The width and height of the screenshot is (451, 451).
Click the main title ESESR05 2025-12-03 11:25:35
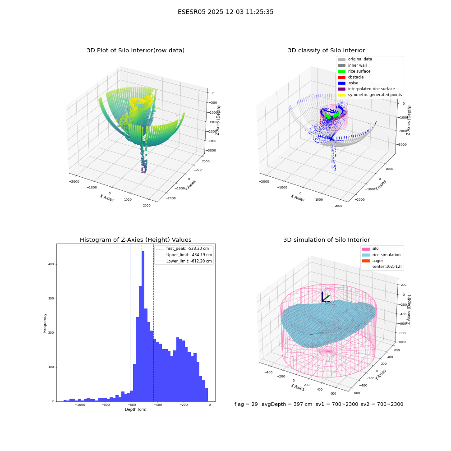(225, 12)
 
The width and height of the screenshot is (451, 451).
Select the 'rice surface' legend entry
(354, 71)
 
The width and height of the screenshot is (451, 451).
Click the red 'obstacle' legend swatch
(341, 77)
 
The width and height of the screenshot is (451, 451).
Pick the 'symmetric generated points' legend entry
(370, 95)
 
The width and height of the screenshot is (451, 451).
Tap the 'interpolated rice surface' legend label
(371, 89)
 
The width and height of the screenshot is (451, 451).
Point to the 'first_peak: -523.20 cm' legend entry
(182, 249)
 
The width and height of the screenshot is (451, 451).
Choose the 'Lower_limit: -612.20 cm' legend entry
(184, 261)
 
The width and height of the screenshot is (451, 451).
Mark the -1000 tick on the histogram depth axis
(80, 405)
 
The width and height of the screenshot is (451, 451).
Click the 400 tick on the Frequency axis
(51, 264)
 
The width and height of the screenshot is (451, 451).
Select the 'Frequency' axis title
(45, 323)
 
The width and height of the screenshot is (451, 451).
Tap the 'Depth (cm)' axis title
(135, 410)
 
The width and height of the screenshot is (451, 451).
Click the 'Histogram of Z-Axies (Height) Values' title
(135, 239)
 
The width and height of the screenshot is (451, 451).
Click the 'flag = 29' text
(246, 404)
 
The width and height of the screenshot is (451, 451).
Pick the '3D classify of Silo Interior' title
(327, 51)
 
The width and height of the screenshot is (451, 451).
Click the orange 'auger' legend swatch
(366, 261)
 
